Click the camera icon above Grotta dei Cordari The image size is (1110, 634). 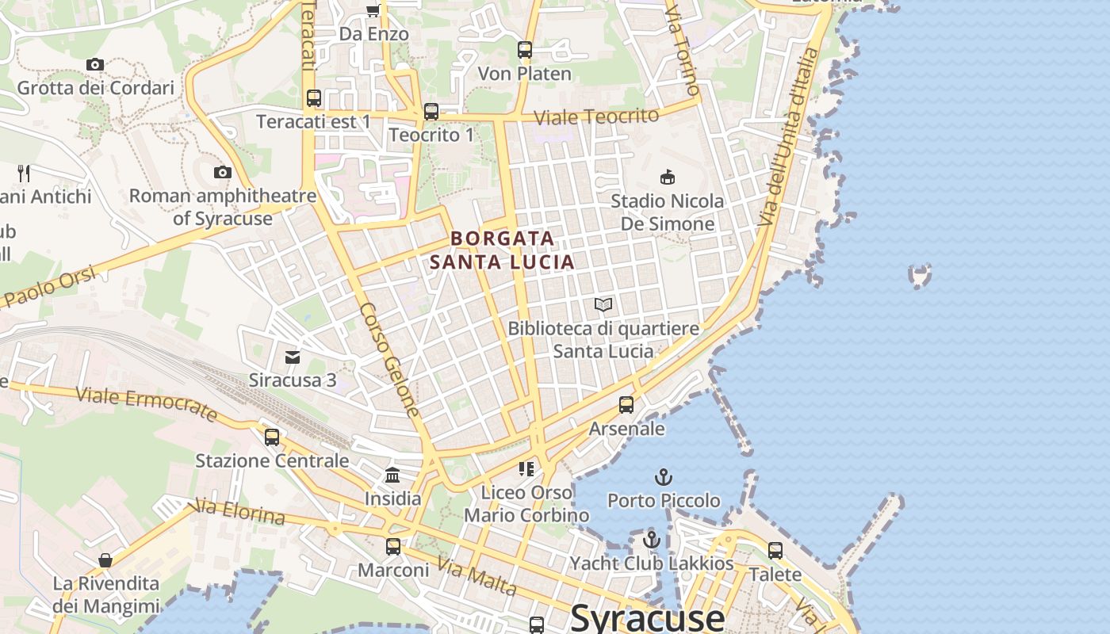(95, 65)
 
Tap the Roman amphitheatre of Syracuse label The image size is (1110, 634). (223, 206)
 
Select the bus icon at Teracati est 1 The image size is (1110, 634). (314, 98)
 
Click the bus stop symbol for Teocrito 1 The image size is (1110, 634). (431, 112)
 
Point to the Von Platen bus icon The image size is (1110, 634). (525, 50)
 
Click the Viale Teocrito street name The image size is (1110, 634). (596, 116)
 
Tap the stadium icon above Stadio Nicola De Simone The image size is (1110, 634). (668, 177)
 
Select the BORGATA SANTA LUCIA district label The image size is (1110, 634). (502, 250)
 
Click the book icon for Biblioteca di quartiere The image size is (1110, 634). (603, 305)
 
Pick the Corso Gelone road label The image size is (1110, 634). (389, 360)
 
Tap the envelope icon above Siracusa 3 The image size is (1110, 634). (293, 357)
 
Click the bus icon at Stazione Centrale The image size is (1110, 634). (272, 437)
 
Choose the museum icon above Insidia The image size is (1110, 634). (392, 475)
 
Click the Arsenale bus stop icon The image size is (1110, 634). (626, 405)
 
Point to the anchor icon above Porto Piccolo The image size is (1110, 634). (664, 477)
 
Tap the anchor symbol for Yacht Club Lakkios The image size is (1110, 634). (652, 540)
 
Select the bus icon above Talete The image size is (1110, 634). (775, 550)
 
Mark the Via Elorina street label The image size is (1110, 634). (239, 512)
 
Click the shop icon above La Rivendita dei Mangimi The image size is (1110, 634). (105, 560)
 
